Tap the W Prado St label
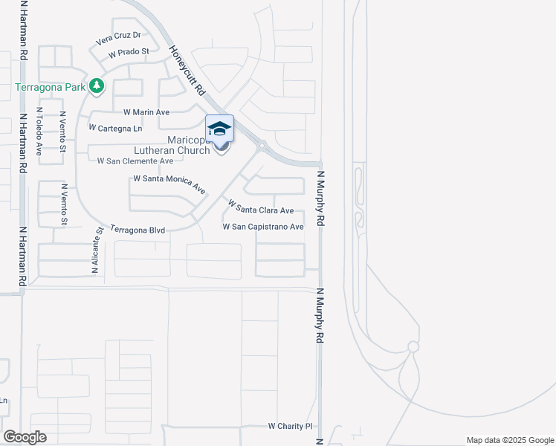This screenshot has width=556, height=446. coord(129,54)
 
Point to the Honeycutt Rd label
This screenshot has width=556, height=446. coord(187,71)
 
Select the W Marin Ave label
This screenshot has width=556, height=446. coord(146,112)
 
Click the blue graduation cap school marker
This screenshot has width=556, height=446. coord(219,129)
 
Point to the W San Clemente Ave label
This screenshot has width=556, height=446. coord(130,161)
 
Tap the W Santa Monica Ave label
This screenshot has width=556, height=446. coord(169,184)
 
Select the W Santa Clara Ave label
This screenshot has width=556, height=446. coord(261,207)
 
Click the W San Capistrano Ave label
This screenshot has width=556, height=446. coord(263,227)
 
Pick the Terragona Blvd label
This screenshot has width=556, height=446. coord(137,230)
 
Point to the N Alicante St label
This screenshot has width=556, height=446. coord(97,251)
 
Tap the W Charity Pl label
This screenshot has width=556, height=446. coord(291,427)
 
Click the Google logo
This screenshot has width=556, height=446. coord(25,437)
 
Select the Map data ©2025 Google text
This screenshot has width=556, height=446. coord(509,440)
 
